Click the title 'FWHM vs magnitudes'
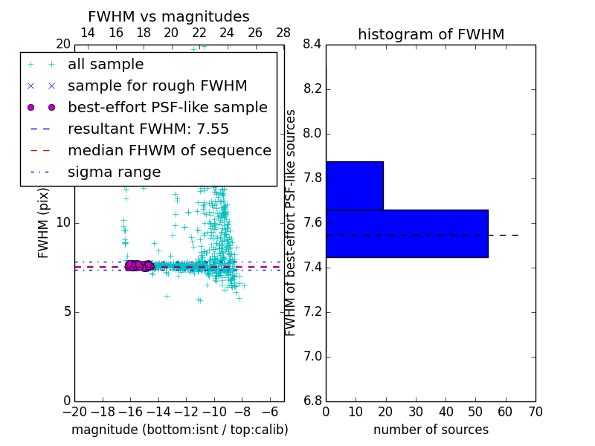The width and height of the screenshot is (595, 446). click(x=169, y=16)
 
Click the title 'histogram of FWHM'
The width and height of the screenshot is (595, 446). click(x=431, y=34)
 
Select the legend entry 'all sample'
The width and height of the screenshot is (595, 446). click(x=106, y=65)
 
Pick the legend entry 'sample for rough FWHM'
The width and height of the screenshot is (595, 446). click(x=157, y=86)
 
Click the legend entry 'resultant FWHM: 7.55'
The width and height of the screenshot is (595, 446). click(x=148, y=129)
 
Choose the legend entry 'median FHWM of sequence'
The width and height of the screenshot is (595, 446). click(x=169, y=150)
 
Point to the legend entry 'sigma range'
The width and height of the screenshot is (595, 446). click(x=114, y=172)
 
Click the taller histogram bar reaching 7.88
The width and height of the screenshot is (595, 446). click(x=354, y=185)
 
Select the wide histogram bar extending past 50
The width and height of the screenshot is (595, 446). click(x=407, y=233)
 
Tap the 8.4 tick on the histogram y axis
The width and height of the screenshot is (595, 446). click(x=312, y=45)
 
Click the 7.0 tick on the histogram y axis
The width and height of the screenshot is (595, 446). click(x=312, y=357)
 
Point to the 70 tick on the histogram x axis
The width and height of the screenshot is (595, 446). click(x=535, y=411)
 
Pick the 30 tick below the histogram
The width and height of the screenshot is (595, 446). click(x=416, y=411)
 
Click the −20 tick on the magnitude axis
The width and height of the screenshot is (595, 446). click(x=74, y=411)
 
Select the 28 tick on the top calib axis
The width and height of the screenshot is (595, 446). click(x=283, y=33)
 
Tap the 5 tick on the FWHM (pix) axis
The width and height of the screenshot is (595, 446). click(x=64, y=311)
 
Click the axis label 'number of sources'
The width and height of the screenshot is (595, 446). click(x=431, y=430)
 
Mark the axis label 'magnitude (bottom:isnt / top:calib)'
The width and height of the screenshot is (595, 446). click(x=179, y=430)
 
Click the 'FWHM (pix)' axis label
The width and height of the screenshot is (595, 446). click(x=44, y=223)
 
